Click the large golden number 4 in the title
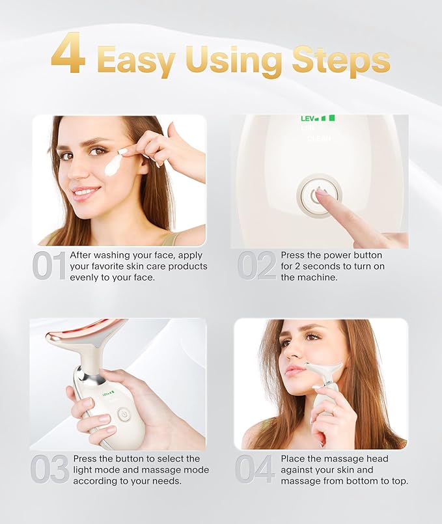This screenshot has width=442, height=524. [68, 56]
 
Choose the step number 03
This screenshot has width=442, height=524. [49, 470]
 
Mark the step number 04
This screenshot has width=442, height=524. [255, 470]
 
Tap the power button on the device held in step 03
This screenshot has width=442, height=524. [124, 412]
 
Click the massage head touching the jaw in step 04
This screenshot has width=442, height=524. [324, 370]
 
